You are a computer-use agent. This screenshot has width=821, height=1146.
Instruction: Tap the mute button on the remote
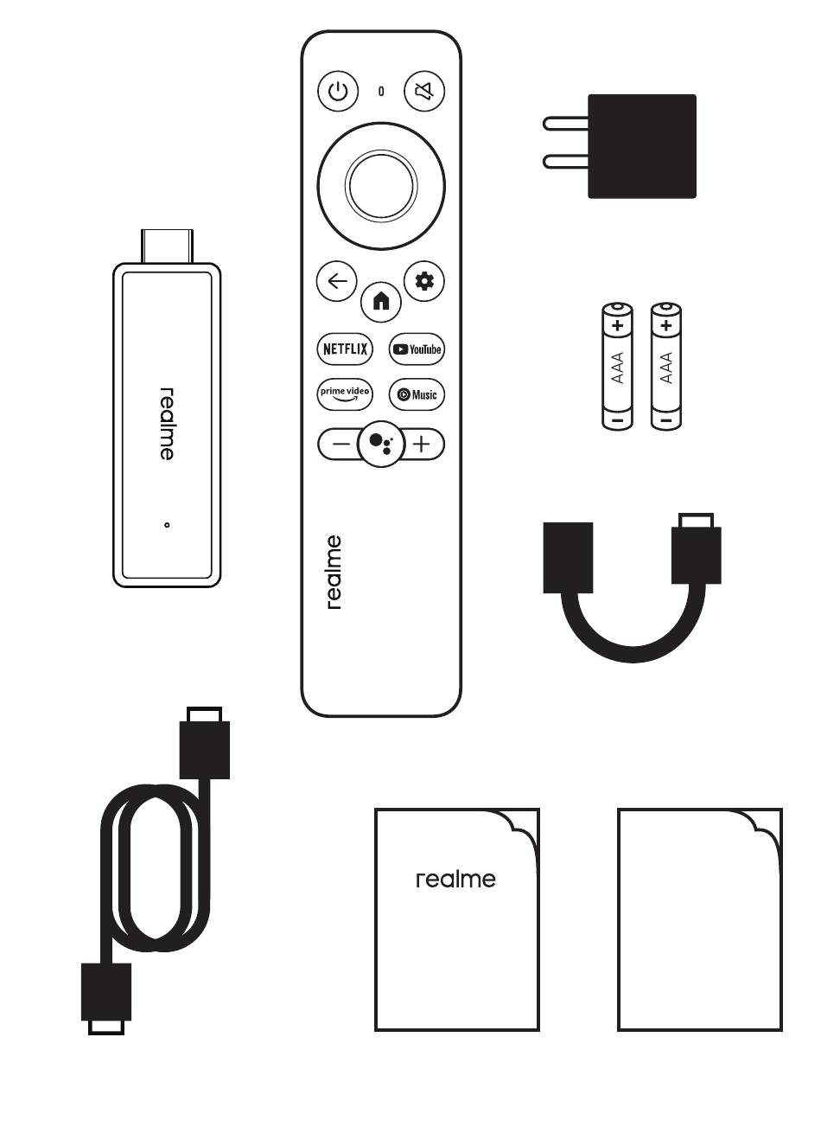(424, 91)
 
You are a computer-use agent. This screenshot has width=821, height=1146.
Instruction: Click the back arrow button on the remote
(336, 281)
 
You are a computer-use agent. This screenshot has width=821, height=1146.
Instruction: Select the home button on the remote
(381, 301)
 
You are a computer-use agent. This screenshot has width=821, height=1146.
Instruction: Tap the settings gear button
(424, 281)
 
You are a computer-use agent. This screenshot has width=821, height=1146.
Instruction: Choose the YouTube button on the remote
(417, 349)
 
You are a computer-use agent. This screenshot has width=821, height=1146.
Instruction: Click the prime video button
(345, 394)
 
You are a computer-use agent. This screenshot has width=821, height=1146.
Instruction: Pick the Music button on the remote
(417, 394)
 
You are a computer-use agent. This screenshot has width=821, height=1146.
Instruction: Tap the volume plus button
(421, 445)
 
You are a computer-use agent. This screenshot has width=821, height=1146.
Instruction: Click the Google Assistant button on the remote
(380, 444)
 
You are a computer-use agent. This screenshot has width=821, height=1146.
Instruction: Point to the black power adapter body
(642, 146)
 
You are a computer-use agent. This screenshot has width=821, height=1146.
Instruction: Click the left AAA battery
(617, 365)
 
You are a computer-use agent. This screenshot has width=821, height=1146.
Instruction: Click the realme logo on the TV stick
(167, 424)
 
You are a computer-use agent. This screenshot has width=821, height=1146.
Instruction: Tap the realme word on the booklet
(455, 880)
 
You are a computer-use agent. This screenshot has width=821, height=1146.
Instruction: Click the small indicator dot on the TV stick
(167, 524)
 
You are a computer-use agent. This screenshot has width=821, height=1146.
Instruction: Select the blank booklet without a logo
(699, 920)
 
